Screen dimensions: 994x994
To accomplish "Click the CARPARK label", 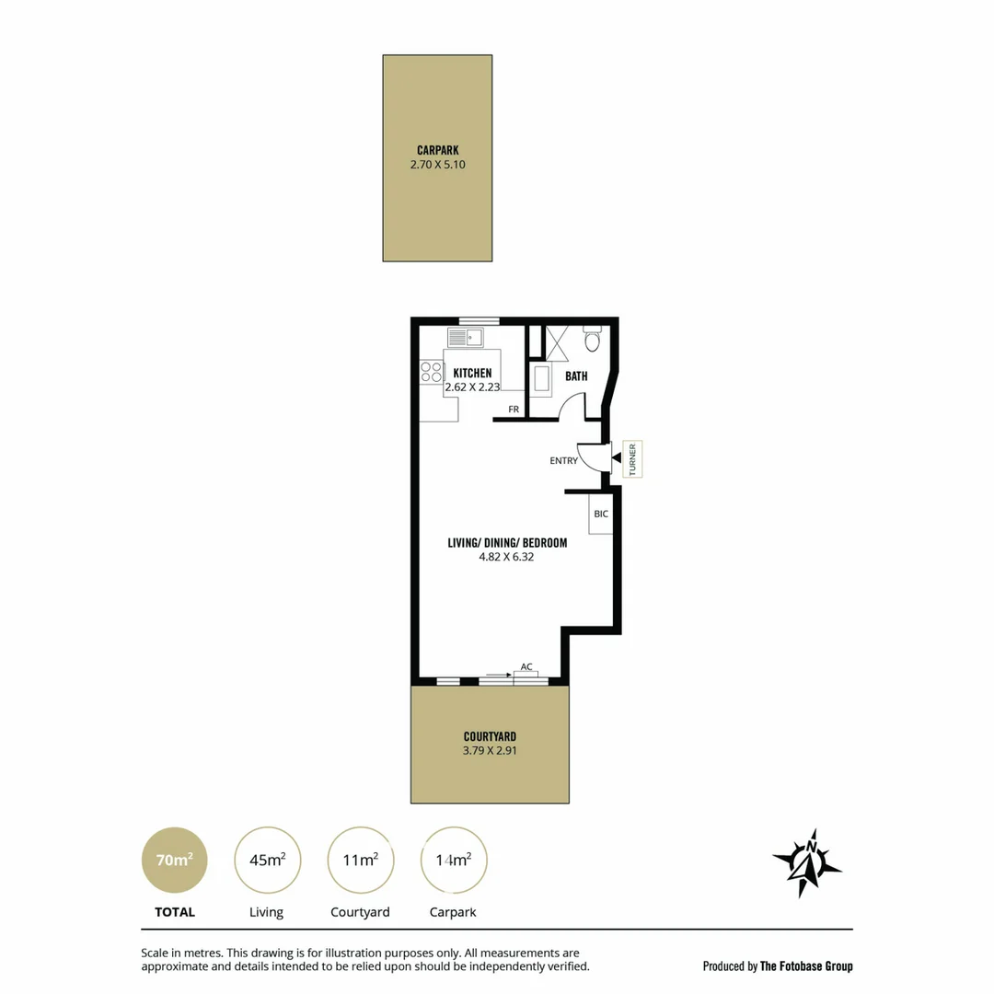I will [x=437, y=150].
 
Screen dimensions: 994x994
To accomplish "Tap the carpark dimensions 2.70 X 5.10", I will [x=437, y=166].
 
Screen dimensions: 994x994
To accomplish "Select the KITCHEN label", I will [x=472, y=373].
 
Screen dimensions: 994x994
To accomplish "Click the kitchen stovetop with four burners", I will [x=431, y=371].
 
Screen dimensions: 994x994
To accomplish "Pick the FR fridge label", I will [x=514, y=409].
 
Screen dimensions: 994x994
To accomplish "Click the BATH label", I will [x=576, y=376].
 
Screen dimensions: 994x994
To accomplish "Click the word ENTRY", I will [x=563, y=460].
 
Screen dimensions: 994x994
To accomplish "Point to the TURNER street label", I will [x=632, y=458].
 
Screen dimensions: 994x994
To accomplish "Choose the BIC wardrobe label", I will [x=600, y=514].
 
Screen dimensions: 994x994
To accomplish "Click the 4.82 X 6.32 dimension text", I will [x=506, y=557].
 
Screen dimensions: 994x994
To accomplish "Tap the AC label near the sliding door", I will [x=526, y=666].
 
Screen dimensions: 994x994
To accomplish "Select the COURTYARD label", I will [x=489, y=736].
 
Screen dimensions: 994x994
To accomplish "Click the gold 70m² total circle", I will [x=174, y=861].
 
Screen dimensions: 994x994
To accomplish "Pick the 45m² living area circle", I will [x=267, y=861].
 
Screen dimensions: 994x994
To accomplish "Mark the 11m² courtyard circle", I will [x=360, y=861].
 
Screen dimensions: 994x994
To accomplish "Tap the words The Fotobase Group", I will [x=806, y=966].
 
